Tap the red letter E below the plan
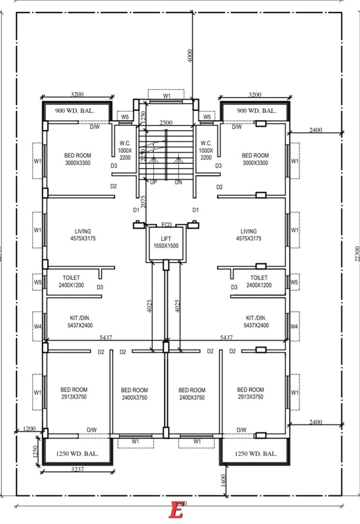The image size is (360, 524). pos(176,510)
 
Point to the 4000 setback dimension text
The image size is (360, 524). pos(190,57)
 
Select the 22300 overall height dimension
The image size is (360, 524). pos(357,253)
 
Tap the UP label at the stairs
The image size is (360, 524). pos(153,182)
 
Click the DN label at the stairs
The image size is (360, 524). pos(178,182)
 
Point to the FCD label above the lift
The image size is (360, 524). pos(167,225)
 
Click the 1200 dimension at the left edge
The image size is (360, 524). pos(29,429)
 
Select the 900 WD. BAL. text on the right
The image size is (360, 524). pos(257,111)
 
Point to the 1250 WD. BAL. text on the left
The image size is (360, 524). pos(77,454)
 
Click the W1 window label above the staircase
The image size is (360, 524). pos(167,96)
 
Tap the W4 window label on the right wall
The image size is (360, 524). pos(294,327)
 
